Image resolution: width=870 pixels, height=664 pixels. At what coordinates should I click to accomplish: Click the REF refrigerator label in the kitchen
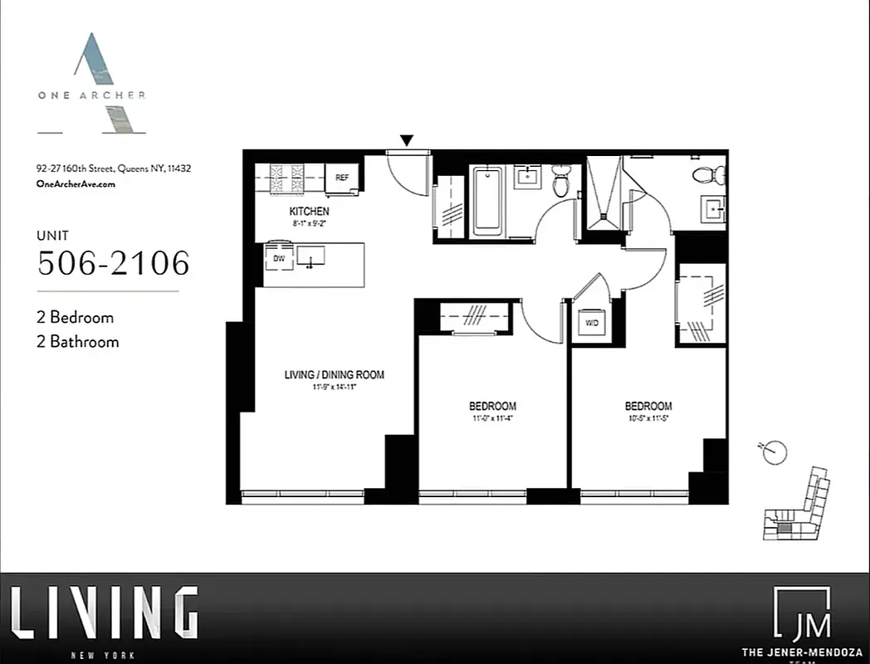341,178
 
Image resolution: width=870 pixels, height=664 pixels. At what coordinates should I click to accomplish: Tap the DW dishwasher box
278,258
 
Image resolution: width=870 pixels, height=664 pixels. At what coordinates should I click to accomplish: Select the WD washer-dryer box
591,322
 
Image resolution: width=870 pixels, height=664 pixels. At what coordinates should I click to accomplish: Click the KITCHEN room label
309,212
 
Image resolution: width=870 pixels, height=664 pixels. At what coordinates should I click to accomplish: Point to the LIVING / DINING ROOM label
335,375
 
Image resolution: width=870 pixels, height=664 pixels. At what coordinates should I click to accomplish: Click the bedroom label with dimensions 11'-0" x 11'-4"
492,406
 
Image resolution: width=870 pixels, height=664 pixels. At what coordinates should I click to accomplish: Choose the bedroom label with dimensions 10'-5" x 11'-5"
648,406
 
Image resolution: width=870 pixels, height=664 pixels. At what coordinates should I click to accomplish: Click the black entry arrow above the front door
407,141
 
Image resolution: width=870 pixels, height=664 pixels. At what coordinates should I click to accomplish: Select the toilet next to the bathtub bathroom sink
561,180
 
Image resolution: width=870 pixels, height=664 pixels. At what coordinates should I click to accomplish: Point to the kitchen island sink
311,257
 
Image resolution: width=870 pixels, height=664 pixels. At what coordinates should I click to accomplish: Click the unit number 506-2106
114,263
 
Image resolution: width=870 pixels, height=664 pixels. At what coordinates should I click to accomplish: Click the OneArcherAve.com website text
76,184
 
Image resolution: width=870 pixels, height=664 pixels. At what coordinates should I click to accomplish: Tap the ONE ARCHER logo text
91,95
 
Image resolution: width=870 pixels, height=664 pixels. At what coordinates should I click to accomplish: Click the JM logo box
801,614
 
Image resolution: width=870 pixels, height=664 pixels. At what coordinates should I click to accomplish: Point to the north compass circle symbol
775,452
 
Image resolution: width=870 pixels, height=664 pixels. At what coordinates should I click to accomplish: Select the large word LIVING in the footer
104,613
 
